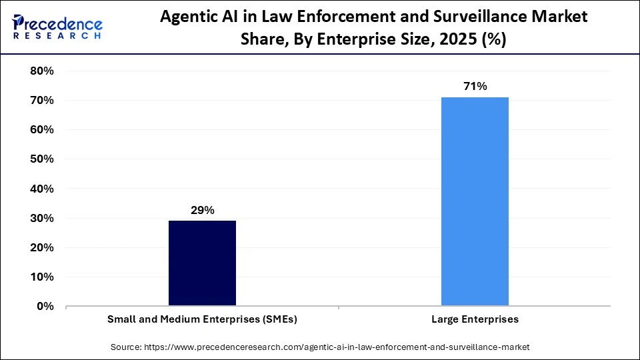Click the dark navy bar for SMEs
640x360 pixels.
click(202, 263)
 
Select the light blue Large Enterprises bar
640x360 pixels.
click(475, 201)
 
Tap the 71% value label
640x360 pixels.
click(475, 86)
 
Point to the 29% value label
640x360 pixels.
click(202, 210)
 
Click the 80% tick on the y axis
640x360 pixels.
click(42, 71)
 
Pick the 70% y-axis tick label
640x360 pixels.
click(42, 100)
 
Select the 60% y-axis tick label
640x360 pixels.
click(42, 129)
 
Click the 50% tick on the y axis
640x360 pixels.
click(42, 159)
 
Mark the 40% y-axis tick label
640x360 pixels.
click(42, 189)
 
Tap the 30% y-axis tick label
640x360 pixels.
click(42, 218)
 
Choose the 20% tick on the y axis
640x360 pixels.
click(42, 247)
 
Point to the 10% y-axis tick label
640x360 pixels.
click(42, 277)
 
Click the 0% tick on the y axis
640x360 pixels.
click(45, 306)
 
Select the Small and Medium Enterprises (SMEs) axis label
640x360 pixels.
click(202, 319)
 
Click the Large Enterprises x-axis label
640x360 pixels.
click(475, 319)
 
